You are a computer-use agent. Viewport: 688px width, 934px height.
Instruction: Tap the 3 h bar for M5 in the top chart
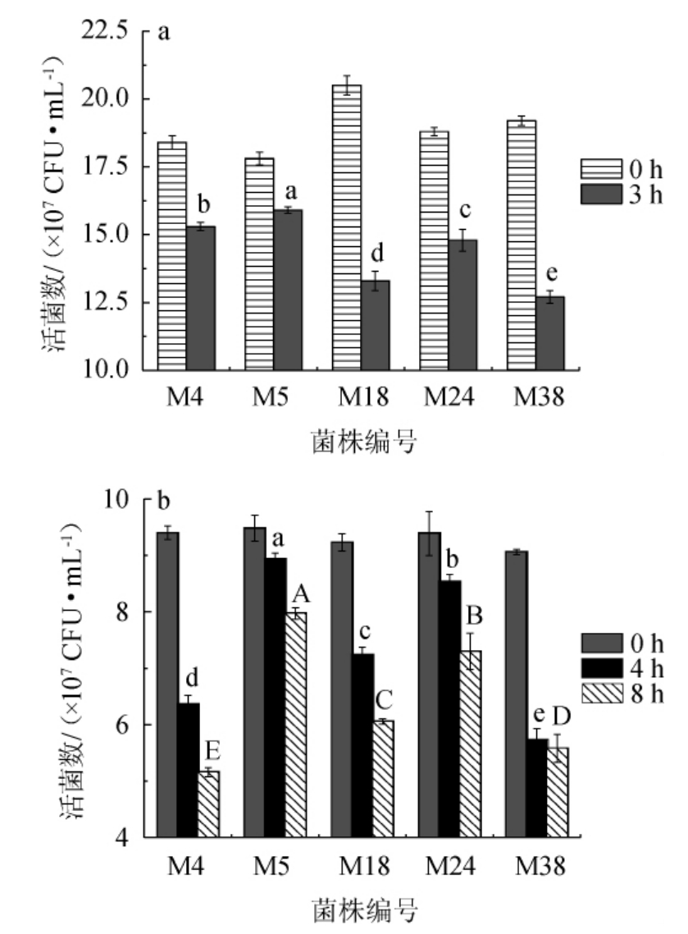click(x=288, y=289)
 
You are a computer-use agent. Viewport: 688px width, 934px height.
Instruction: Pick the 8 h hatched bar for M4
click(x=209, y=804)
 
